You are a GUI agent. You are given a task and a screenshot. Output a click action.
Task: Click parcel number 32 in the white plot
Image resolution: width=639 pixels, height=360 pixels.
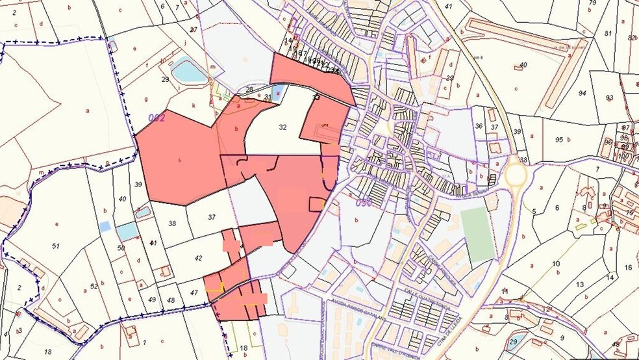282,127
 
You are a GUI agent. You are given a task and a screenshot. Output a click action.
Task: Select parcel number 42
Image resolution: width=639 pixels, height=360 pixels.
199,258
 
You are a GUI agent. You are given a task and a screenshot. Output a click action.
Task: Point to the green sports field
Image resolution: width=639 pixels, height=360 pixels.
478,234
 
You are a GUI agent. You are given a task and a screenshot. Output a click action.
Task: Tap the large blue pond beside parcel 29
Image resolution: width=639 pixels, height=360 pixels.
189,70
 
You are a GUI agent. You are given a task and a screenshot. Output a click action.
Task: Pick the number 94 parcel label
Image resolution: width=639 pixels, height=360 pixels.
582,93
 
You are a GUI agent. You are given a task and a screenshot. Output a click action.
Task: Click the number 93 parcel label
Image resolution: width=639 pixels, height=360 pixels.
609,97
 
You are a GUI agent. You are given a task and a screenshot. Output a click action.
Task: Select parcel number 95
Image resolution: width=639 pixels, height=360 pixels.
558,139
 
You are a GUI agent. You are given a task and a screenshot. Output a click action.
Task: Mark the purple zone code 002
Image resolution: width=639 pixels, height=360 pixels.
157,118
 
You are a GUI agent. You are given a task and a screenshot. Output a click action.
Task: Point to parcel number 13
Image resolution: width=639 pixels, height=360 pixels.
579,284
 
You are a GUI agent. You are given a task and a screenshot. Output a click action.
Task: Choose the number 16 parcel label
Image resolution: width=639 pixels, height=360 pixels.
628,267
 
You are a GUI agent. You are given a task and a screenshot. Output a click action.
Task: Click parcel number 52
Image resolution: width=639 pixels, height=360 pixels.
94,286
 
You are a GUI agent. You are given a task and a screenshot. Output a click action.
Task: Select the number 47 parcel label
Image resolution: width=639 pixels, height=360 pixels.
194,293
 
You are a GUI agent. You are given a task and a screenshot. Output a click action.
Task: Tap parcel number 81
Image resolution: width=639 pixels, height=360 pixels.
608,33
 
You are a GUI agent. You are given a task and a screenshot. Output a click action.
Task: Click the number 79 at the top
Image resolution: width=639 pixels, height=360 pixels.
592,3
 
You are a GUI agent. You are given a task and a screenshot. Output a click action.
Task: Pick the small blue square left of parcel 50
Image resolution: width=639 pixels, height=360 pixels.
105,226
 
